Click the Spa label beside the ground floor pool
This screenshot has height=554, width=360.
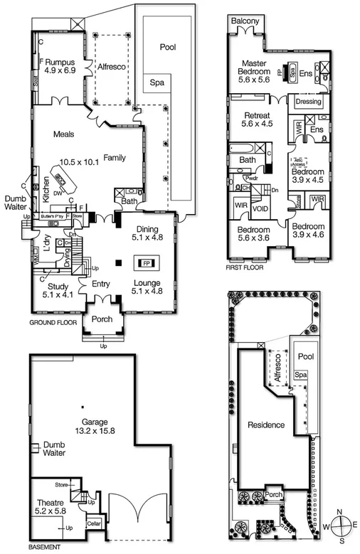(x=156, y=82)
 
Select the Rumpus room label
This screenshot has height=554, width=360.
(x=60, y=62)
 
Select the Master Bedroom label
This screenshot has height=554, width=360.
(x=253, y=68)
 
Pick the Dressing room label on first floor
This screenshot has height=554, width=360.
(x=308, y=102)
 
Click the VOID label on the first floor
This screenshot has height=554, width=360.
(x=260, y=209)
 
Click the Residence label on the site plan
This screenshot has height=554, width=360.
(x=265, y=425)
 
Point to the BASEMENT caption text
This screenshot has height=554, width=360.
(x=44, y=548)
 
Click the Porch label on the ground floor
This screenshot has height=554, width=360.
(x=102, y=319)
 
